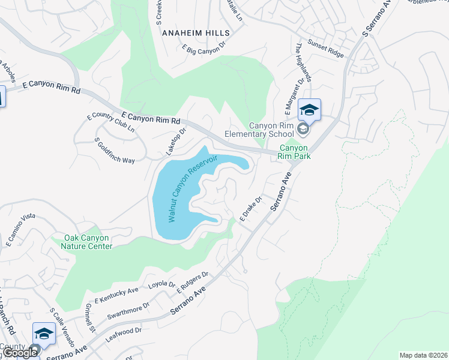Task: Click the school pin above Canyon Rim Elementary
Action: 309,110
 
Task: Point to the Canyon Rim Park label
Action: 292,152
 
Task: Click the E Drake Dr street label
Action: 252,209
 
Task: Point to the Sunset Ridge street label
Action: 326,49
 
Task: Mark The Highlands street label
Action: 304,63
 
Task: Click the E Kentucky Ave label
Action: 116,295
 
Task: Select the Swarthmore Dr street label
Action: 128,311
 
